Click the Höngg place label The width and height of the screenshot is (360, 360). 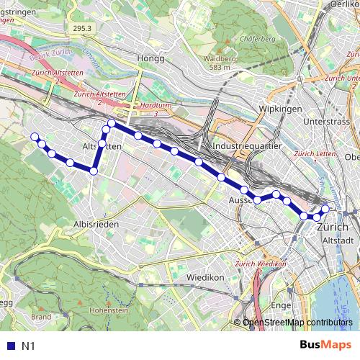pos(153,58)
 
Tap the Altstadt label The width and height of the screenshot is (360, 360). pos(336,240)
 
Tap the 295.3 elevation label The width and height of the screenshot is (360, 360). pos(84,27)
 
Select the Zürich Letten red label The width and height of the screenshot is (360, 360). pos(316,154)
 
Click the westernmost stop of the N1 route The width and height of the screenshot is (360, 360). pos(34,137)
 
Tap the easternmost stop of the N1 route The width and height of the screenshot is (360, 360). pos(325,209)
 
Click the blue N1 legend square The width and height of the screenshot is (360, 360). pos(8,346)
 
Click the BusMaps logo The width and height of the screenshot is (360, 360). pos(325,346)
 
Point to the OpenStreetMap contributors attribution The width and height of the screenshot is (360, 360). pos(297,323)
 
